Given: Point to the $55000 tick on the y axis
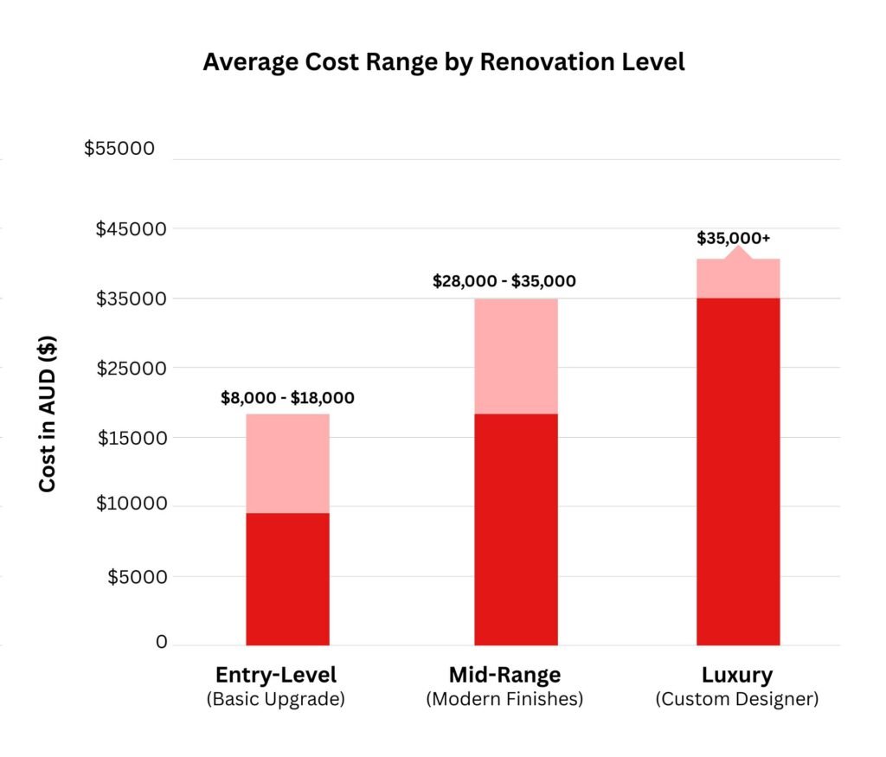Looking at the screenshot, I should (119, 148).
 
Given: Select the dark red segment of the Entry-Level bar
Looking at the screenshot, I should (287, 578).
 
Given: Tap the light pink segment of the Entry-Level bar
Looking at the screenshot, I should (287, 463).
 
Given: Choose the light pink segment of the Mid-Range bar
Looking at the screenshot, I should (516, 356).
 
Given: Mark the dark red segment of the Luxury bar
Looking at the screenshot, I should (738, 472).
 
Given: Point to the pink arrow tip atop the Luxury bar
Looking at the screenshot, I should (738, 251).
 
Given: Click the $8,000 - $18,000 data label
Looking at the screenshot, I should (287, 399).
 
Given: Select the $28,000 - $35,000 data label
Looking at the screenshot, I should (504, 281).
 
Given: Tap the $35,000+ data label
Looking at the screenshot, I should (733, 238).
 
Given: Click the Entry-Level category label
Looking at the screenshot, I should (275, 675).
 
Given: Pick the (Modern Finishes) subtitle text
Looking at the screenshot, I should (504, 699).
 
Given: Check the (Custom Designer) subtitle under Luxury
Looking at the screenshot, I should (737, 699).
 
